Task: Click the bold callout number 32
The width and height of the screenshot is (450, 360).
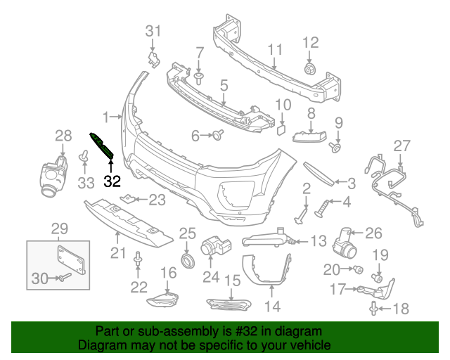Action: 112,181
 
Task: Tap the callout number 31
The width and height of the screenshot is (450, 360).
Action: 153,30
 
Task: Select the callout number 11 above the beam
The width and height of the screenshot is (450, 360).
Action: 274,50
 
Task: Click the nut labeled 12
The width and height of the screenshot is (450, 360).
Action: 309,69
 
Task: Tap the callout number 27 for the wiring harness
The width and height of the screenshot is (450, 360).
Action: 401,146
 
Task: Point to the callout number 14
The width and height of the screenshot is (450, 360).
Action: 271,306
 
